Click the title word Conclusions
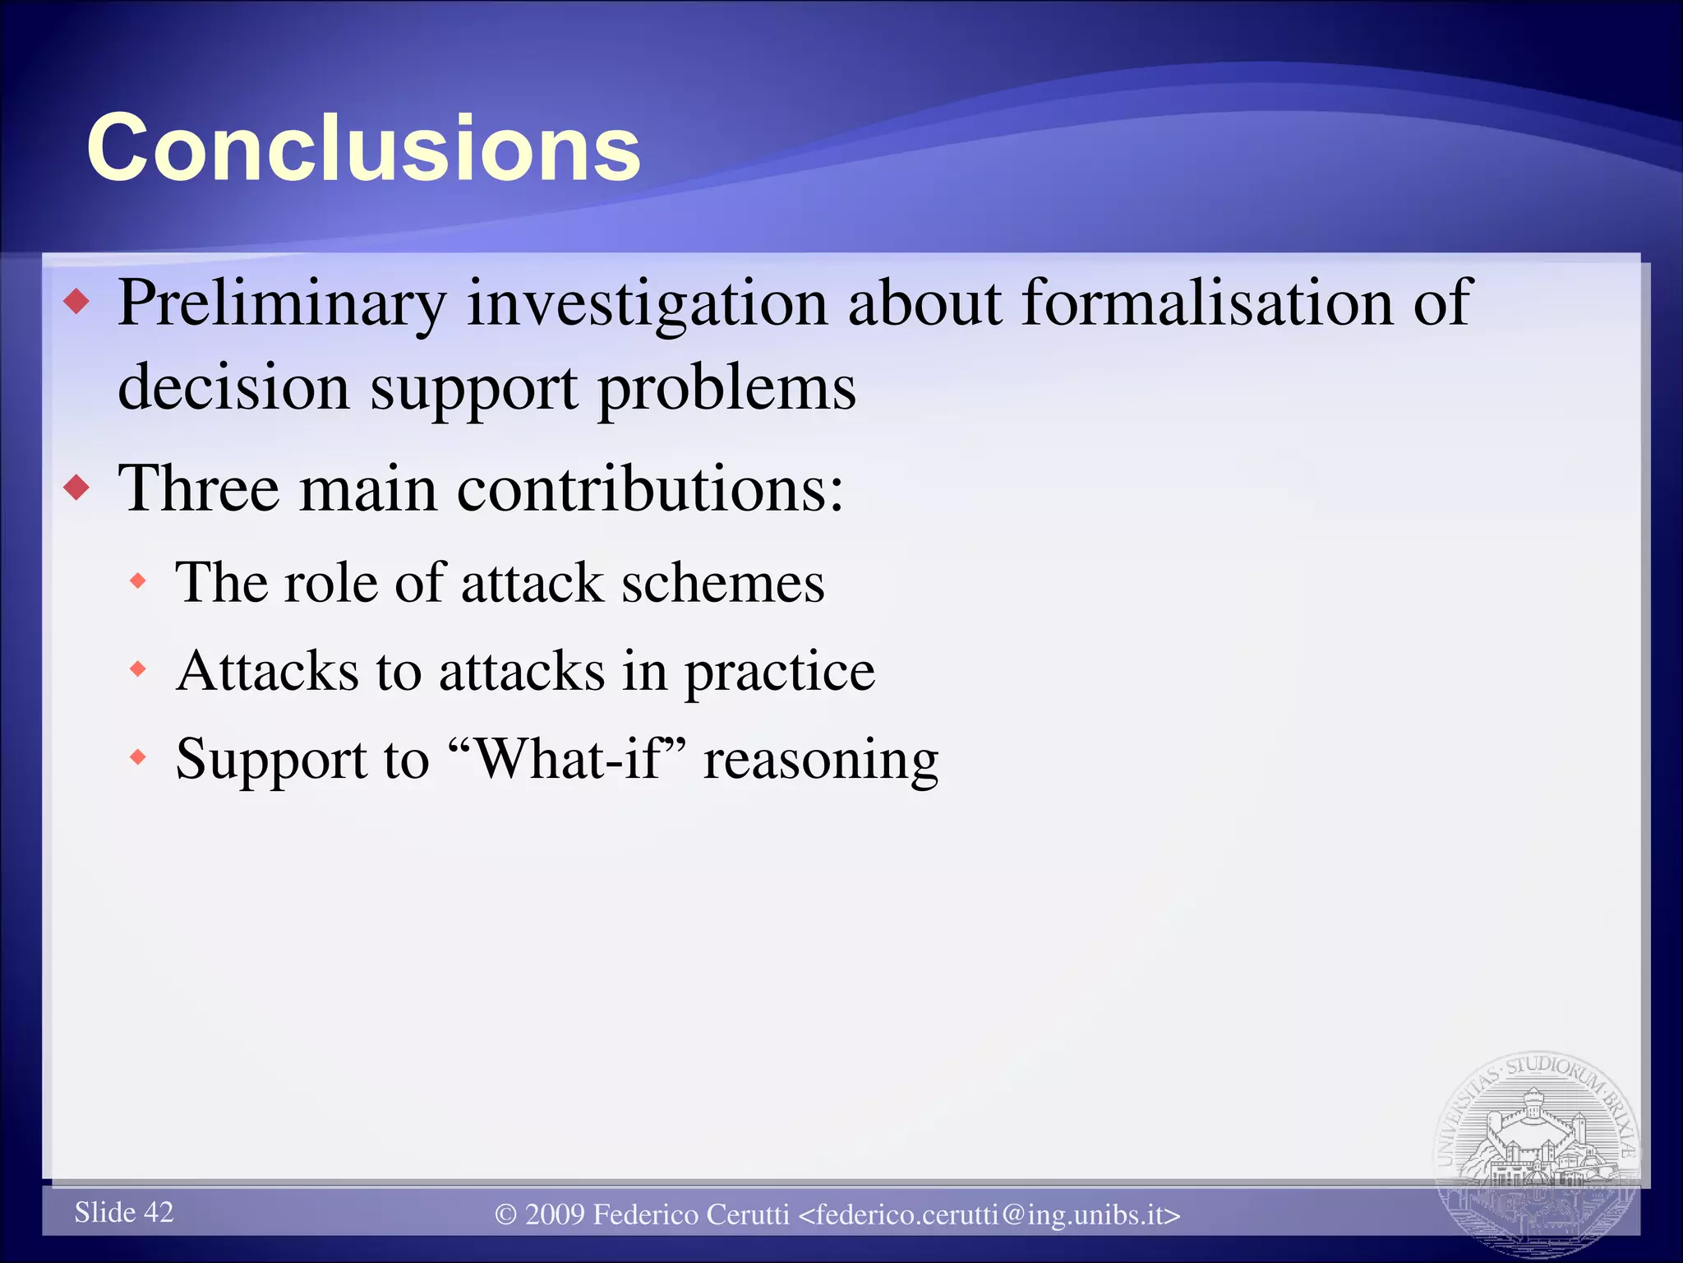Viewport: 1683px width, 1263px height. [363, 148]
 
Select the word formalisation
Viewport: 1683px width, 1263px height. [1206, 303]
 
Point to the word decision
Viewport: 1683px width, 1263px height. [233, 386]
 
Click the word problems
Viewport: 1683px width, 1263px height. [726, 388]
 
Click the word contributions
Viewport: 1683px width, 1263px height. [649, 488]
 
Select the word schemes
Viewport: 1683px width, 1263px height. [722, 582]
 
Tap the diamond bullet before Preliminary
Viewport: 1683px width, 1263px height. [76, 302]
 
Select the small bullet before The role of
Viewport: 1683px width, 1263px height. [138, 581]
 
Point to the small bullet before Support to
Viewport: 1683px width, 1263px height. [138, 756]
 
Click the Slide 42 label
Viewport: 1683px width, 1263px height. [124, 1212]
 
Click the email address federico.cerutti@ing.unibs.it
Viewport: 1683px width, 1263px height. [989, 1214]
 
